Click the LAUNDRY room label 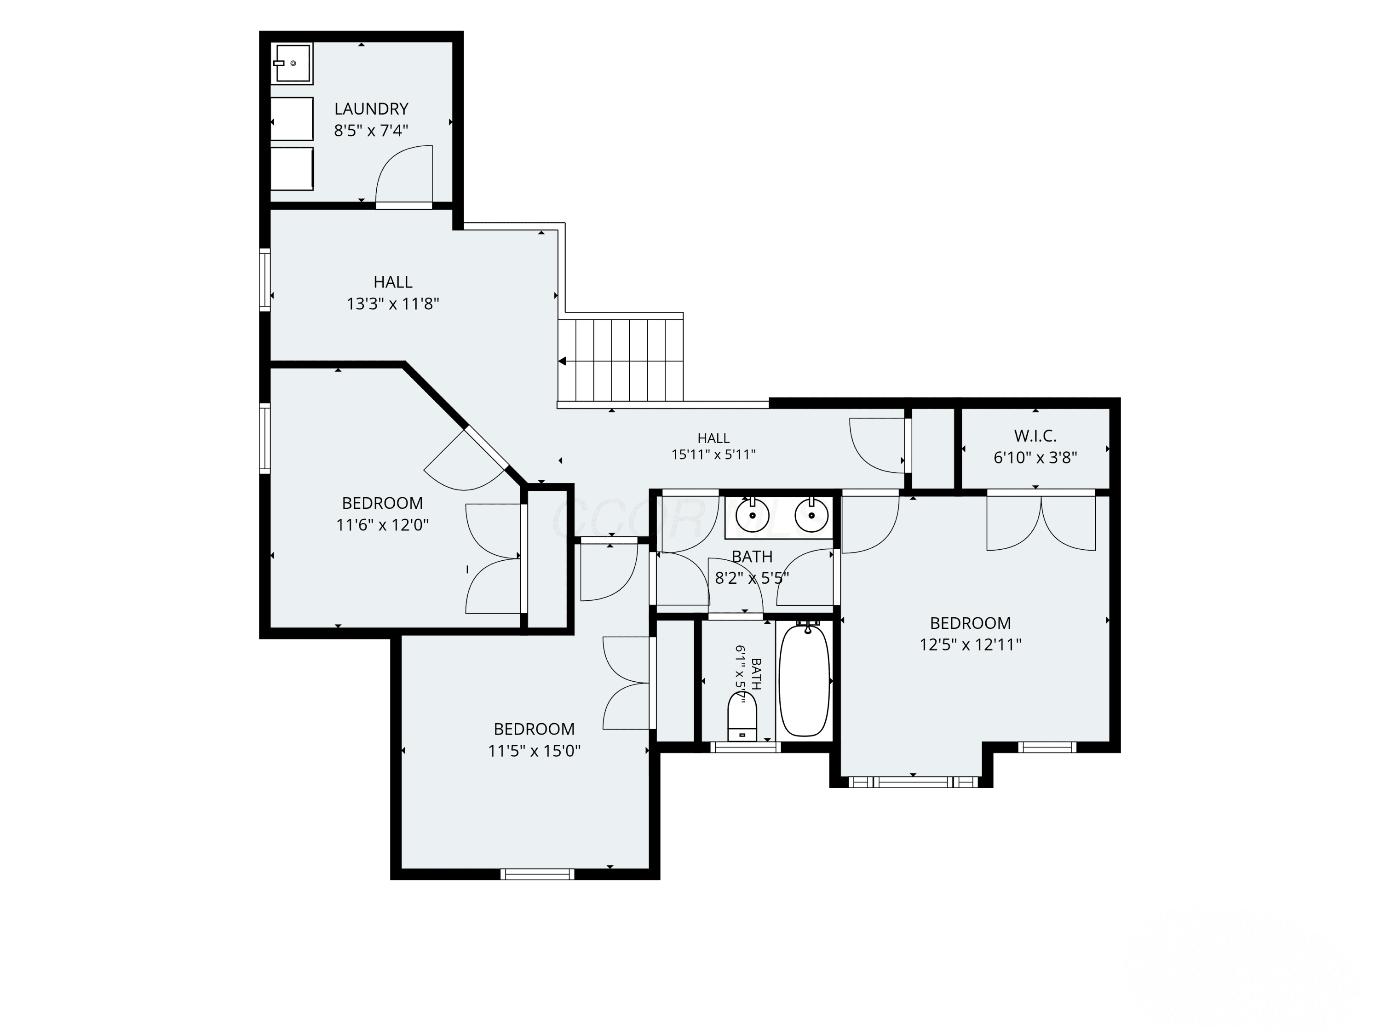371,109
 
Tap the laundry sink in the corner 291,63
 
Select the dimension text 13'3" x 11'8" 393,304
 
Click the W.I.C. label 1035,436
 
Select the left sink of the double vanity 753,515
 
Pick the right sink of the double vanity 811,515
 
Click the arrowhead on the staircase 562,361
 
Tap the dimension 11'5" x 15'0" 534,751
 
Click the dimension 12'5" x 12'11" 970,644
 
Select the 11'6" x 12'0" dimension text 382,525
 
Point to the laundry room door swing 403,175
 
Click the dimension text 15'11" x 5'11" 713,455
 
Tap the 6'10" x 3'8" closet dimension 1035,457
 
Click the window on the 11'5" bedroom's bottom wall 537,874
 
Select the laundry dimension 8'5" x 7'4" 371,130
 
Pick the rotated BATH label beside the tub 755,674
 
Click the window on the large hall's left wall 265,280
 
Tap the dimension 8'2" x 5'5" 752,578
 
